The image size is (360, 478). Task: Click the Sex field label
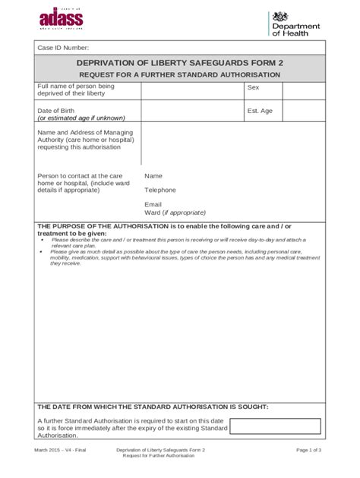click(x=253, y=88)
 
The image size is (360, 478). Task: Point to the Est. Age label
click(x=259, y=111)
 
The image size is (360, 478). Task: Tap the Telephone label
click(x=160, y=190)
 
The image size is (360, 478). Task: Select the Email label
click(x=153, y=204)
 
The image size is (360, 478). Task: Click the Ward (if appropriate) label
click(x=175, y=212)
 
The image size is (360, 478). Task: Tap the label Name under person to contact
click(x=153, y=175)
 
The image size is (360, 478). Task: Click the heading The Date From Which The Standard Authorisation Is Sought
click(x=153, y=407)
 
